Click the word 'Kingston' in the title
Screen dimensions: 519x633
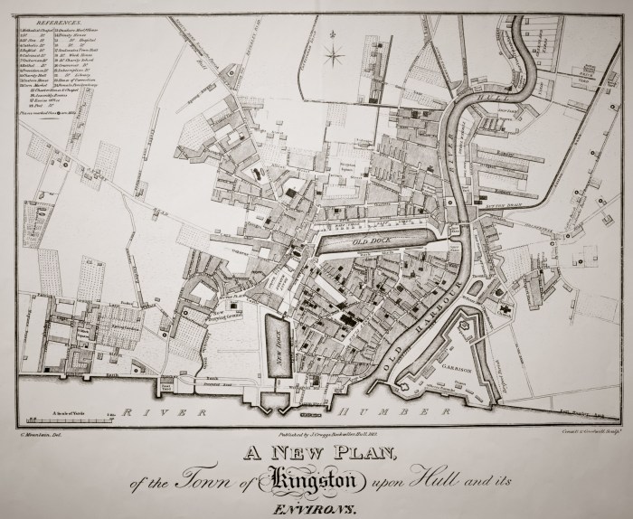[x=313, y=477]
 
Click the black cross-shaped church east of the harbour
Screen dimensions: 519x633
[x=510, y=308]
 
